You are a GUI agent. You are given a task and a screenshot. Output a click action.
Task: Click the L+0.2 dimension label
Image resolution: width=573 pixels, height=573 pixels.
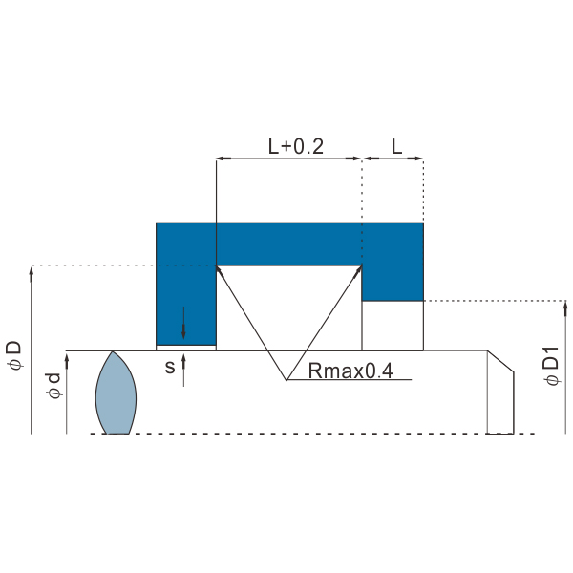pyautogui.click(x=296, y=146)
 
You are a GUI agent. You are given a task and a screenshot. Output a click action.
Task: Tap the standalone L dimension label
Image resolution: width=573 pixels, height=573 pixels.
pyautogui.click(x=397, y=146)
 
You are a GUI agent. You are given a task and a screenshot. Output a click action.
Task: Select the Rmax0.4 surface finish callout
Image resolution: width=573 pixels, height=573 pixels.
pyautogui.click(x=350, y=371)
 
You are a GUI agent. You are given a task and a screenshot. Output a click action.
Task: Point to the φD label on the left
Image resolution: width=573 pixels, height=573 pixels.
pyautogui.click(x=14, y=356)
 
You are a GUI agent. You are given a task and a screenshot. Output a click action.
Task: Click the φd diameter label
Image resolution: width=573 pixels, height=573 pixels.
pyautogui.click(x=53, y=386)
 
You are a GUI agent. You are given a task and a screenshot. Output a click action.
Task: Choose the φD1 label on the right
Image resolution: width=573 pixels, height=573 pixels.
pyautogui.click(x=552, y=366)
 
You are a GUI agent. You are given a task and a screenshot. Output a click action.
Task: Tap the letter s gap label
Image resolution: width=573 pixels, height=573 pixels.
pyautogui.click(x=170, y=367)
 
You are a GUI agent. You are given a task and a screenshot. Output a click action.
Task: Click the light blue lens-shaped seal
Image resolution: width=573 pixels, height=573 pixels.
pyautogui.click(x=116, y=393)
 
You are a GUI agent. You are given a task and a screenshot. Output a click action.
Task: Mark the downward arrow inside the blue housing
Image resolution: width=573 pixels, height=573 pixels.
pyautogui.click(x=183, y=323)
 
